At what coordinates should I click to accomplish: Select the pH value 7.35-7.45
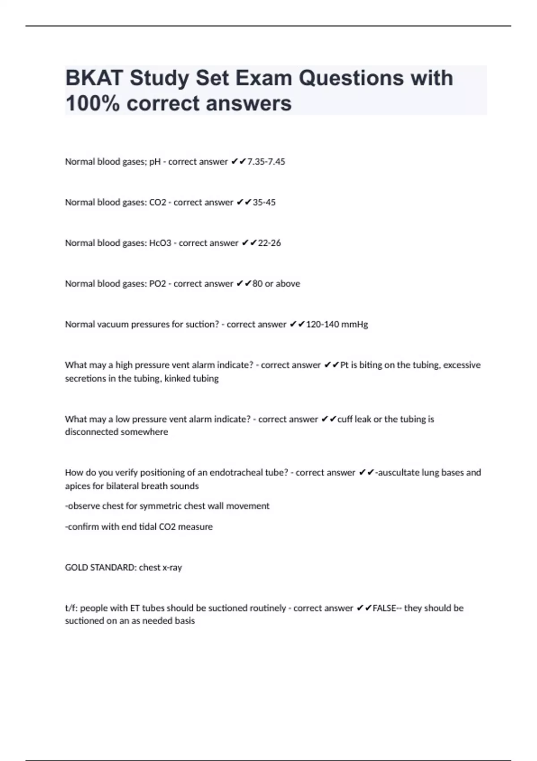tap(266, 162)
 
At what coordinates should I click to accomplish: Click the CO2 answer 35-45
tap(264, 202)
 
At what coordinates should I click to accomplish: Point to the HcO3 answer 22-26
tap(269, 243)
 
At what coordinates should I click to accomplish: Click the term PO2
tap(158, 284)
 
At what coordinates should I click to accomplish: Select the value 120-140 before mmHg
tap(322, 325)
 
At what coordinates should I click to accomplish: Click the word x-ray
tap(172, 568)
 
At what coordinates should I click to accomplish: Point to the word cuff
tap(345, 419)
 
